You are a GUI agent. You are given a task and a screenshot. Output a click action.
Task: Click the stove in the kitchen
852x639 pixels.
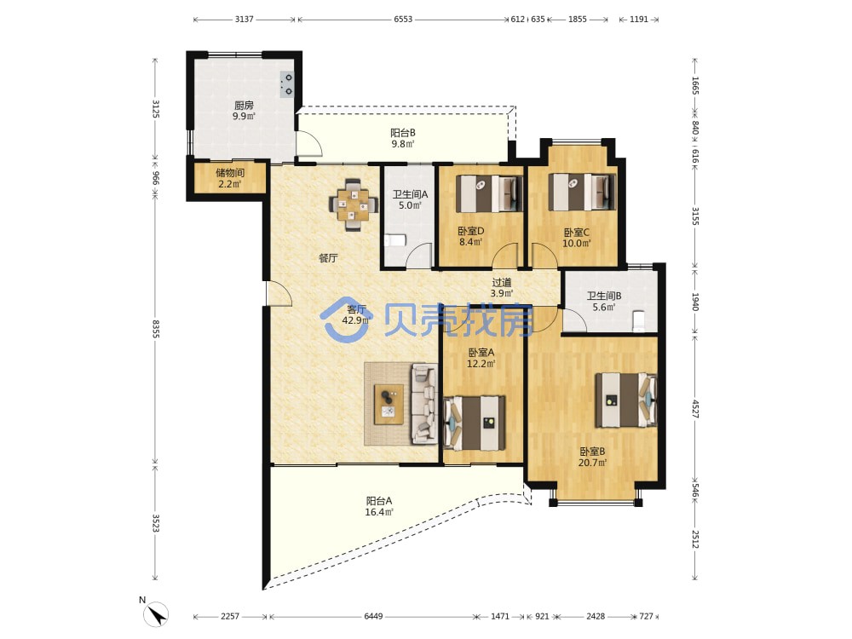coord(287,84)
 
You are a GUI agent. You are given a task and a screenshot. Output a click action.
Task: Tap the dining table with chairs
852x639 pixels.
coord(354,204)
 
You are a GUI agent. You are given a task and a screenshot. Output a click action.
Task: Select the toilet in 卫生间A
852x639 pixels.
coord(395,240)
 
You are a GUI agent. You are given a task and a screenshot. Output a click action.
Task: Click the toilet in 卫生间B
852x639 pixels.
coord(638,320)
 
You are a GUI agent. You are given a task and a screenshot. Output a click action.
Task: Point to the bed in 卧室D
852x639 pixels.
coord(488,193)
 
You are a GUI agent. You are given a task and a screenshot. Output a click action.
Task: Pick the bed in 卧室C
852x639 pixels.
coord(581,193)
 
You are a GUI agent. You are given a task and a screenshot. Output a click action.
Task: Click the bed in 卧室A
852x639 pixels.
coord(475,423)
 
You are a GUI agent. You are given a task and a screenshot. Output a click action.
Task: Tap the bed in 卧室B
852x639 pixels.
coord(625,400)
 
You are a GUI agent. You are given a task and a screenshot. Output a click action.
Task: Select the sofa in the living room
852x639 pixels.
coord(423,402)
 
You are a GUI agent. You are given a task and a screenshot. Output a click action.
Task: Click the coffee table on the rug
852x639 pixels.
coord(389,404)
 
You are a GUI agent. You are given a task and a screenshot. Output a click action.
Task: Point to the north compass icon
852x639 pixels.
coord(155,614)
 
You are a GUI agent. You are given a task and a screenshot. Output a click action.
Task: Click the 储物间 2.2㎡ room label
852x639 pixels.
coord(230,178)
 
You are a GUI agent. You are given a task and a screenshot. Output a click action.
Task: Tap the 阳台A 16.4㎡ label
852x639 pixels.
coord(379,506)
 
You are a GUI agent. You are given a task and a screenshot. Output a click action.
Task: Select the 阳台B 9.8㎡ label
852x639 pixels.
coord(403,138)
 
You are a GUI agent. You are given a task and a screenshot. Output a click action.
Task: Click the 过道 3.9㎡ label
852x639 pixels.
coord(502,287)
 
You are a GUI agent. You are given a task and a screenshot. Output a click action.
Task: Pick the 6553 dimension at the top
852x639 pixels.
coord(403,19)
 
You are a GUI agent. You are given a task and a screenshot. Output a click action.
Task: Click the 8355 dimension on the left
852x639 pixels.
coord(155,329)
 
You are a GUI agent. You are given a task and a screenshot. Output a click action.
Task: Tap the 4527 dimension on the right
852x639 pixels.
coord(695,409)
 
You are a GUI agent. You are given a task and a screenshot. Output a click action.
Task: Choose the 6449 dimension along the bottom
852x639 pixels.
coord(373,616)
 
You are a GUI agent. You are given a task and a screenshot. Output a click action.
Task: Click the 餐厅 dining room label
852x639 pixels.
coord(328,258)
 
